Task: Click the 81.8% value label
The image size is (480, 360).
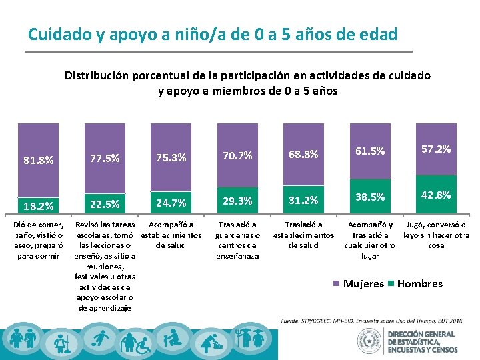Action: [39, 160]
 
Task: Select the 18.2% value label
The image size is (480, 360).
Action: [39, 205]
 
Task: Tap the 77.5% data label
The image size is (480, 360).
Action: [105, 159]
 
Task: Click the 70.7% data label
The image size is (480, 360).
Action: [237, 156]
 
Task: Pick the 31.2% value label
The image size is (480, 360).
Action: [303, 200]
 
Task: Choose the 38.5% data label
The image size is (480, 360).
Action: [369, 197]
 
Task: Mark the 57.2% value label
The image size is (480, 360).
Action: [435, 149]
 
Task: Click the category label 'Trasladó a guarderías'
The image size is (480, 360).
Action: [237, 240]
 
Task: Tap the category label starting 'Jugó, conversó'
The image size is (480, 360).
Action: [437, 235]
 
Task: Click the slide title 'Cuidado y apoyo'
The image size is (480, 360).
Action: [213, 33]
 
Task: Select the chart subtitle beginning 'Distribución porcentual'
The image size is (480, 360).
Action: [247, 83]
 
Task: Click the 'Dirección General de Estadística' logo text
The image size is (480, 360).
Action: [423, 341]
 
